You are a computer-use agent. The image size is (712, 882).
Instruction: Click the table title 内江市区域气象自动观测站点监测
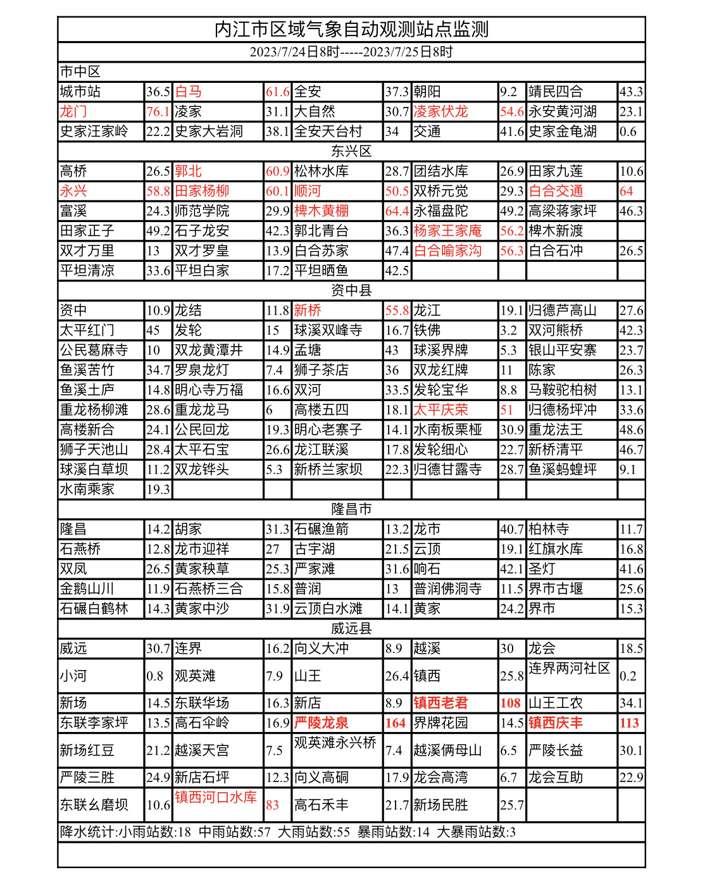(x=351, y=30)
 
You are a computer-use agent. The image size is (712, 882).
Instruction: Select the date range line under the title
(x=351, y=52)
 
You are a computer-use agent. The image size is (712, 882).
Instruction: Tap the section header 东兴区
(x=351, y=151)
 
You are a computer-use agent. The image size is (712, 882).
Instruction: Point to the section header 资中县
(x=351, y=290)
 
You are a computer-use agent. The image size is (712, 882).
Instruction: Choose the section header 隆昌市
(x=351, y=509)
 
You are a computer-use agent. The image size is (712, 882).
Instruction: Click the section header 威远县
(x=351, y=628)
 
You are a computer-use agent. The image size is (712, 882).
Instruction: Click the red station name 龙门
(x=73, y=112)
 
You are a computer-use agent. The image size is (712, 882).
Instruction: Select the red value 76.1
(x=158, y=112)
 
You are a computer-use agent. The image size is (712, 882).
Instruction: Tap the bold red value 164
(x=396, y=723)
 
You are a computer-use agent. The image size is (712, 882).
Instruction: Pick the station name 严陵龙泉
(x=321, y=723)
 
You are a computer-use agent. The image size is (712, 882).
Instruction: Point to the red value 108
(x=510, y=704)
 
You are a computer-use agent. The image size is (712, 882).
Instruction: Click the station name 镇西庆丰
(x=556, y=723)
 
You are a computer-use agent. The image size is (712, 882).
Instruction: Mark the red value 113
(x=629, y=723)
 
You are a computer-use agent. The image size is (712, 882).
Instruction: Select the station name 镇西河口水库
(x=216, y=797)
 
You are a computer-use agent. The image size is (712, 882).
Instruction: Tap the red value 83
(x=273, y=805)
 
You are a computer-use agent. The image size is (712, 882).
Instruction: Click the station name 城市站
(x=80, y=92)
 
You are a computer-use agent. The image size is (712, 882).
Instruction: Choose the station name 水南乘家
(x=87, y=490)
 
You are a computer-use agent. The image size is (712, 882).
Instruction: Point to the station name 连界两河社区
(x=570, y=669)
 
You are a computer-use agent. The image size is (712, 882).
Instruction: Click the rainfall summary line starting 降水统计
(x=288, y=832)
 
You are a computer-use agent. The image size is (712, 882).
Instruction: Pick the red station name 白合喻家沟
(x=447, y=251)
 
